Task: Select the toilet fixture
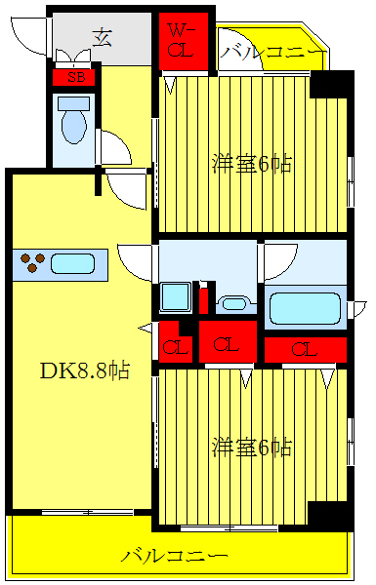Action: pos(71,121)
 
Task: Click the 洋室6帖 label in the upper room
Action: pos(252,163)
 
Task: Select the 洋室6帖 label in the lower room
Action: pos(252,448)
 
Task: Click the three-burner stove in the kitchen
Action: pos(32,263)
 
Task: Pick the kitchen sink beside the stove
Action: pos(72,264)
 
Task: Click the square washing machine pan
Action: pos(175,296)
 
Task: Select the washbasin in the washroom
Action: pos(233,303)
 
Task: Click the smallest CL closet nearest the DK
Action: pos(177,343)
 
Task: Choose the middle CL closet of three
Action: pos(228,342)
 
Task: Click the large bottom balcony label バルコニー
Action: pos(176,557)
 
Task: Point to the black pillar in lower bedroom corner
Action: pos(328,516)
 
